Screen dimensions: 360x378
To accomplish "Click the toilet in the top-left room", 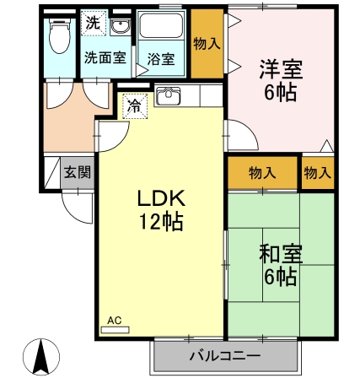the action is pyautogui.click(x=60, y=35).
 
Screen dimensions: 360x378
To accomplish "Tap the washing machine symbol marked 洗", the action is pyautogui.click(x=94, y=23).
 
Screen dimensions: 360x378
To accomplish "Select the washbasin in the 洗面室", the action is pyautogui.click(x=120, y=27).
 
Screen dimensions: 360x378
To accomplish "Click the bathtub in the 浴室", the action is pyautogui.click(x=161, y=25).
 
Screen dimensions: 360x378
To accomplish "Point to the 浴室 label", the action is pyautogui.click(x=161, y=59).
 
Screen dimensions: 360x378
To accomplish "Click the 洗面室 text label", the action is pyautogui.click(x=105, y=57).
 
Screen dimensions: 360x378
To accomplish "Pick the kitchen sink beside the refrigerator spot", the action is pyautogui.click(x=169, y=95).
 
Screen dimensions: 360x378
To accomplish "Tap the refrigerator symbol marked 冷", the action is pyautogui.click(x=135, y=106).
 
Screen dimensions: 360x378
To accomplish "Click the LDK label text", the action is pyautogui.click(x=161, y=198).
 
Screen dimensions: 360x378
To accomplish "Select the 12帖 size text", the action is pyautogui.click(x=162, y=222).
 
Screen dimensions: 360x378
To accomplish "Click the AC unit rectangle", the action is pyautogui.click(x=115, y=330).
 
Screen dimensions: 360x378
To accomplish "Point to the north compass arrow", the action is pyautogui.click(x=41, y=355).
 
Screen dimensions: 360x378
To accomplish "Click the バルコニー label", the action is pyautogui.click(x=225, y=356).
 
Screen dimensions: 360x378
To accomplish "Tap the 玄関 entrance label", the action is pyautogui.click(x=78, y=172).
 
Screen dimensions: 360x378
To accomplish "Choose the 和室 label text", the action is pyautogui.click(x=281, y=254).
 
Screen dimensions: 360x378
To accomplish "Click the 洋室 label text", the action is pyautogui.click(x=281, y=69).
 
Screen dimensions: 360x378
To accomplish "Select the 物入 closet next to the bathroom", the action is pyautogui.click(x=207, y=44).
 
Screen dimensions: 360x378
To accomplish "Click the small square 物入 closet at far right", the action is pyautogui.click(x=318, y=172).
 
